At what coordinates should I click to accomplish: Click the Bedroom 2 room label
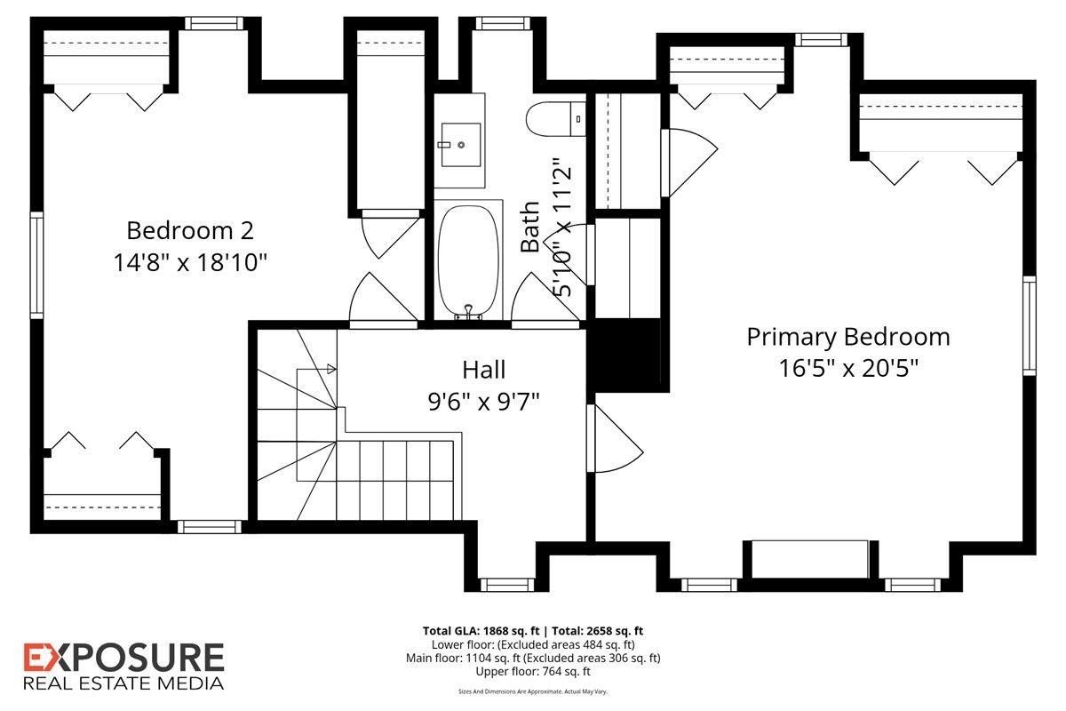click(190, 231)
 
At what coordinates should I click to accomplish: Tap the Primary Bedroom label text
click(848, 338)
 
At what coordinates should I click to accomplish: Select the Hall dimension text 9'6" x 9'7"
click(483, 402)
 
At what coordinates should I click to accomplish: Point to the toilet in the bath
click(556, 119)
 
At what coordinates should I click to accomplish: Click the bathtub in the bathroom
click(468, 262)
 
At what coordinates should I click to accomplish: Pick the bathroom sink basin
click(461, 145)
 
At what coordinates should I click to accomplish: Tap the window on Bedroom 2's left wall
click(36, 265)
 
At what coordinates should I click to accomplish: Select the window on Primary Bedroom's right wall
click(1030, 326)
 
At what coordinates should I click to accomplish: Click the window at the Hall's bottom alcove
click(507, 584)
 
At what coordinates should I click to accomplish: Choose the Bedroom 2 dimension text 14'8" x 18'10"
click(190, 262)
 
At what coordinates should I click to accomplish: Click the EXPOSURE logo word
click(123, 658)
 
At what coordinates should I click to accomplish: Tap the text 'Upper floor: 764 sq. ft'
click(533, 672)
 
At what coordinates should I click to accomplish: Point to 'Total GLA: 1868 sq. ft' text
click(481, 631)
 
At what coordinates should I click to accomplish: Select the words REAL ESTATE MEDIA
click(123, 683)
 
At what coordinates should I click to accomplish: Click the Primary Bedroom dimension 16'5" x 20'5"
click(848, 368)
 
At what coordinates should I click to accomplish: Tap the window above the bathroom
click(503, 23)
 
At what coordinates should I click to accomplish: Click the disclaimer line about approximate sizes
click(533, 691)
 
